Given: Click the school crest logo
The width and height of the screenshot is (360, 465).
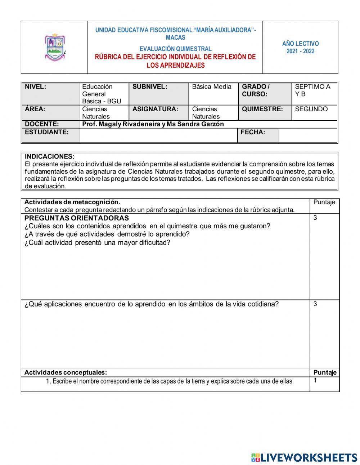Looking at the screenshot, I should point(55,48).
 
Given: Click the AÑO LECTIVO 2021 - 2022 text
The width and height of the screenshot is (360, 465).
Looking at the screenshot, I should point(300,48).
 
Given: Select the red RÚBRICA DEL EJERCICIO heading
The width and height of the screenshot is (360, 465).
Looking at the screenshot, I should point(175,61).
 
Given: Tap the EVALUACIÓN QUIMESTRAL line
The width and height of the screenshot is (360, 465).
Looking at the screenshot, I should point(175,49).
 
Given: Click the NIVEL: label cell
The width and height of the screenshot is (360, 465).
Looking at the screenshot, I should point(36,87).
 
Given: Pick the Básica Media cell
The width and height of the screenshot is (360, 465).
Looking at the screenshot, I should point(212,87).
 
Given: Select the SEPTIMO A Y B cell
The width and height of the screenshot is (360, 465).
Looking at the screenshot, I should point(312,90).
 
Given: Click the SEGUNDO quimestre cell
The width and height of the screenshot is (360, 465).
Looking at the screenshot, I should point(311,109).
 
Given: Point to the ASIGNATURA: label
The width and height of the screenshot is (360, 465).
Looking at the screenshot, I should point(155,109).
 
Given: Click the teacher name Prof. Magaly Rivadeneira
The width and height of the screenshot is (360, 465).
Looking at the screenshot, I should point(153,124).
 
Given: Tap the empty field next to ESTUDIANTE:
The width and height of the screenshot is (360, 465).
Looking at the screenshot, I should point(158,135).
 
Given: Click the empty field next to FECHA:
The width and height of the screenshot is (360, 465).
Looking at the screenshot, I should point(307,135).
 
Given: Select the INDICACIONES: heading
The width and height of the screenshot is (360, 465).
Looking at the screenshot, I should point(50,157).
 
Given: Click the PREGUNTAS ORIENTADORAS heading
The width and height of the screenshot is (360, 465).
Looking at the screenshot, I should point(76,218).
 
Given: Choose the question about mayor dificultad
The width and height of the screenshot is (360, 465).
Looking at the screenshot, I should point(97,242).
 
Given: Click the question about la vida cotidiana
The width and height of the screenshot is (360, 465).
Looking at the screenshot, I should point(151,304).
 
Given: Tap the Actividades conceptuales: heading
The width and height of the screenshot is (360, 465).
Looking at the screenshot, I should point(66,373).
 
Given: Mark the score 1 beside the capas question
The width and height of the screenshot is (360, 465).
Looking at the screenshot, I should point(315,380).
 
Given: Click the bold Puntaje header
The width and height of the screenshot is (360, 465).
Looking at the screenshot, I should point(325,373).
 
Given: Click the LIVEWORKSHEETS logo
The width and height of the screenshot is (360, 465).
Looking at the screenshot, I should point(304,457).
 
